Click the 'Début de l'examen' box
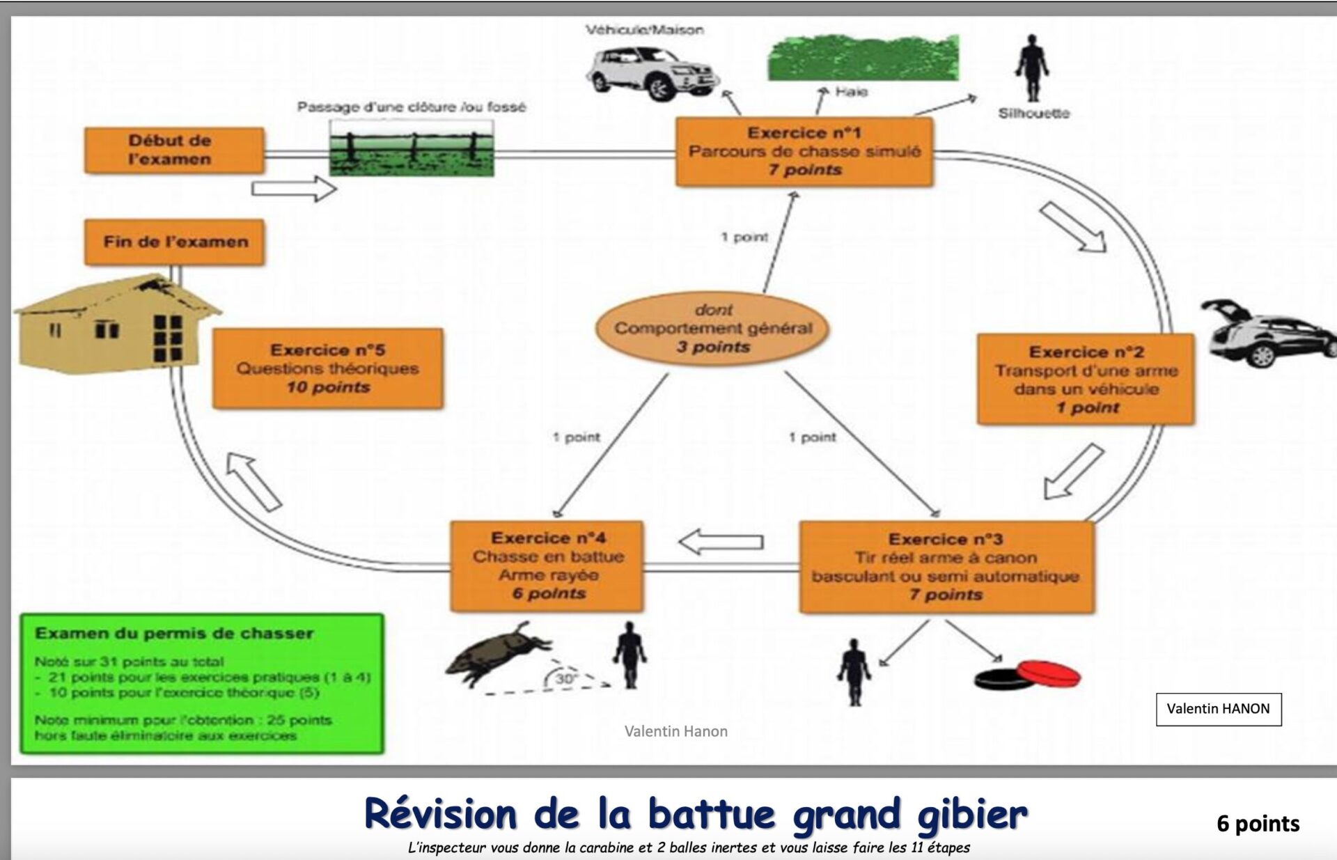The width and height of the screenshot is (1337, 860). point(174,150)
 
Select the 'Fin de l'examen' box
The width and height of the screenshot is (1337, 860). point(175,242)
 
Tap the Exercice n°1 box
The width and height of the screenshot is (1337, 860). point(804,152)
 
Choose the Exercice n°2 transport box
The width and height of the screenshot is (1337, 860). point(1086,380)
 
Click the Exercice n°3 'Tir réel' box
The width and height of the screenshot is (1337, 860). point(946,567)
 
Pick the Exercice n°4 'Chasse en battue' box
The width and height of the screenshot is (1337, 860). point(547,566)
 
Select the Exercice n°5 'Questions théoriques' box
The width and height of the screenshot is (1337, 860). point(327,368)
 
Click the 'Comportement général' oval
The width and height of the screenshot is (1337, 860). point(712,329)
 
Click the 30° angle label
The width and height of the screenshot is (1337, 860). point(566,678)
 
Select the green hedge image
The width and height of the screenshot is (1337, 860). point(863,58)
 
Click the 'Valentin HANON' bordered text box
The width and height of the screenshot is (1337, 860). point(1218,709)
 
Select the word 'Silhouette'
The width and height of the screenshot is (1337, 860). point(1033,114)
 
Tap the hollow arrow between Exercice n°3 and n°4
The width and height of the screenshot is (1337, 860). point(721,542)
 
